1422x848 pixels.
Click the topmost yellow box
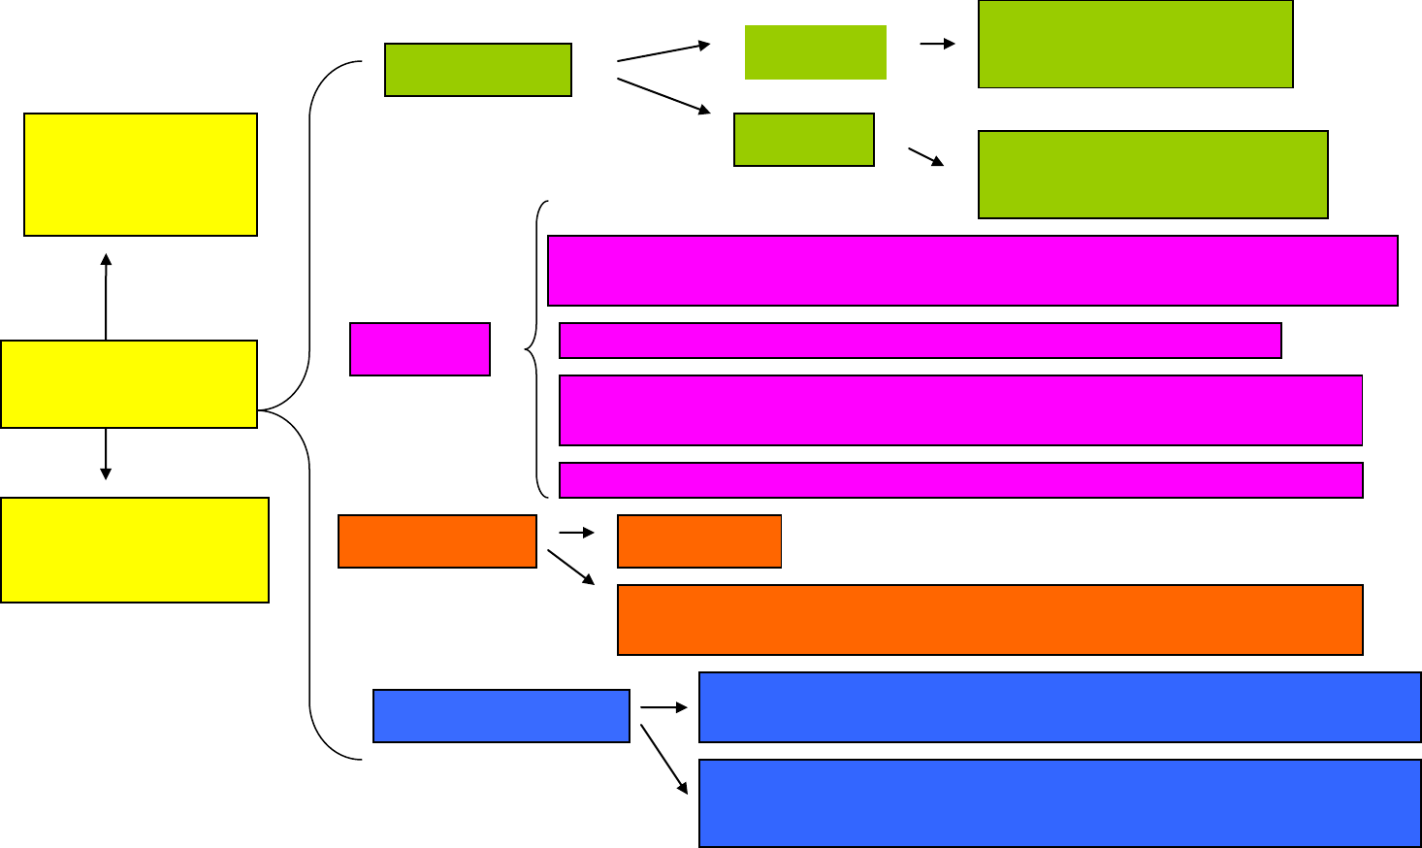[x=140, y=175]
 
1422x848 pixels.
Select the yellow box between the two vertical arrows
[x=129, y=384]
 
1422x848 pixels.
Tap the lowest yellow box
[x=135, y=550]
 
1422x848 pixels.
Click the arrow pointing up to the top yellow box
[x=106, y=296]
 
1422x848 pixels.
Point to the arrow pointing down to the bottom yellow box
[x=105, y=453]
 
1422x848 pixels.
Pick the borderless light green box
[x=815, y=52]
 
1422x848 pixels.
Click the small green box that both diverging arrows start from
[x=477, y=70]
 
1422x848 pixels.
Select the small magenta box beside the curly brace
[x=419, y=349]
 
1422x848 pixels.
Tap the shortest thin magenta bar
[x=920, y=341]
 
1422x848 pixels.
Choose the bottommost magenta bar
[x=960, y=480]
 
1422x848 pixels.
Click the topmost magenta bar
[x=972, y=271]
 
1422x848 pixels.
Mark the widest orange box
[x=989, y=620]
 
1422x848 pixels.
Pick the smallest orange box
[x=698, y=541]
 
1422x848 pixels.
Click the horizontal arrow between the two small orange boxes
[x=576, y=533]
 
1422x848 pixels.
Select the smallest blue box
[x=501, y=716]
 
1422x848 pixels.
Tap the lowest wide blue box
[x=1059, y=803]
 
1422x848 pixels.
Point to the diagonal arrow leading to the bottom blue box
[x=663, y=759]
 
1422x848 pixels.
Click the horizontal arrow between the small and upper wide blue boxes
[x=663, y=708]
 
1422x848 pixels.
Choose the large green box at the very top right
[x=1135, y=45]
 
